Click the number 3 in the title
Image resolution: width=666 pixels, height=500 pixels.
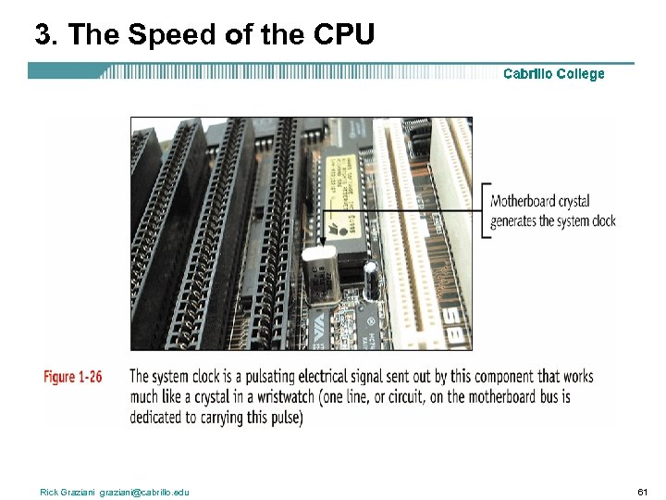point(43,34)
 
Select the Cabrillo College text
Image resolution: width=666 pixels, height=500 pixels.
point(553,74)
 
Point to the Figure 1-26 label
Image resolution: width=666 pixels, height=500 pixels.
point(72,377)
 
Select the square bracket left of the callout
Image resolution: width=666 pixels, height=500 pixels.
point(485,211)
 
